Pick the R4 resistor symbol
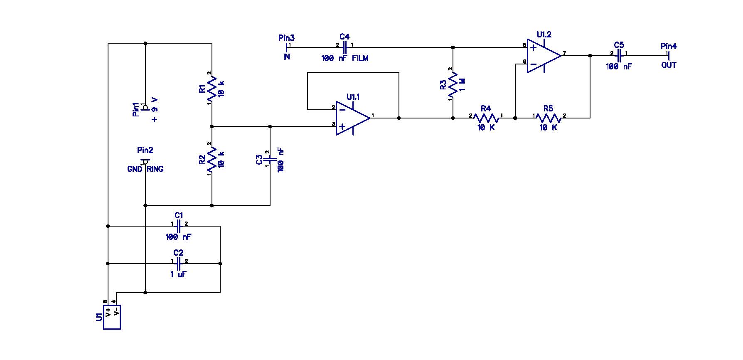pos(486,118)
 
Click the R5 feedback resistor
pos(549,118)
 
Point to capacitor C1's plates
pos(179,226)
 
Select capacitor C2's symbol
pos(179,264)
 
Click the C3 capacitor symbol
pos(270,160)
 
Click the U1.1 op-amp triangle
pos(353,118)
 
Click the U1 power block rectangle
pos(112,317)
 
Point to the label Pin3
pos(286,38)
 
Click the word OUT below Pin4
pos(669,65)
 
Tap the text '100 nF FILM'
pos(345,58)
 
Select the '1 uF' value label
pos(178,274)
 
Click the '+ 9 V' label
pos(155,109)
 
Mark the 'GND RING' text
pos(145,169)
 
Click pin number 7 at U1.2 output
pos(564,53)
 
